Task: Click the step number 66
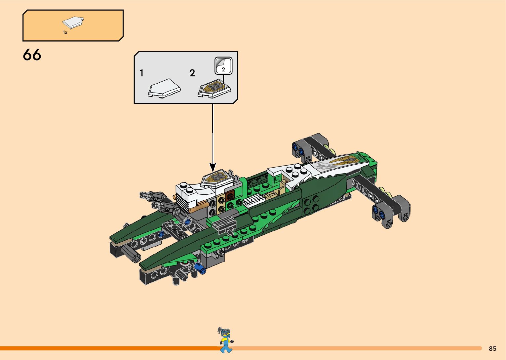tap(32, 55)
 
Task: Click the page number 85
tap(492, 348)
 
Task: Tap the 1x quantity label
tap(65, 32)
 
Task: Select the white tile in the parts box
tap(73, 22)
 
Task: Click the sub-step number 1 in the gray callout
tap(141, 73)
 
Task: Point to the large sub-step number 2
tap(192, 73)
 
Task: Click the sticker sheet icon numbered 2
tap(223, 65)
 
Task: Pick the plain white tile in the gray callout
tap(164, 88)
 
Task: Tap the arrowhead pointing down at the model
tap(213, 167)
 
